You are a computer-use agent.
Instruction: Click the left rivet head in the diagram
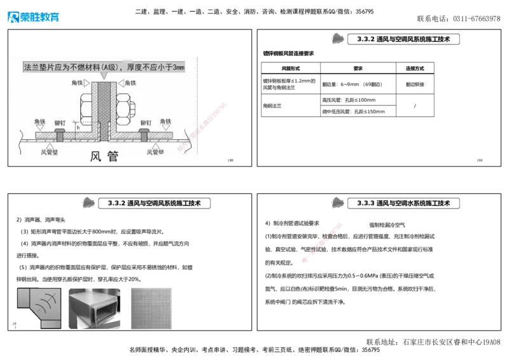[60, 134]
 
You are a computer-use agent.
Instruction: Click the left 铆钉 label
[60, 123]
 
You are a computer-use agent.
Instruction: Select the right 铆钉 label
[146, 123]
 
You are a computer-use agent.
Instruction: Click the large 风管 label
[104, 156]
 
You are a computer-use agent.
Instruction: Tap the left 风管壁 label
[50, 152]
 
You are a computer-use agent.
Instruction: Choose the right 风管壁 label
[156, 152]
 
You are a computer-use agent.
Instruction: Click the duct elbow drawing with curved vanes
[38, 306]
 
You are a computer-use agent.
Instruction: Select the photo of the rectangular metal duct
[94, 306]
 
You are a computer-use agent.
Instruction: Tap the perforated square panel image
[150, 307]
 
